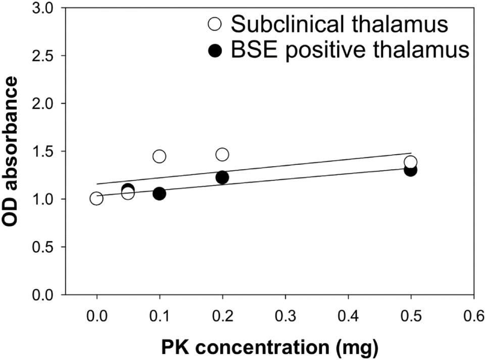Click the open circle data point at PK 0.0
point(96,199)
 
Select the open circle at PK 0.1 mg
point(159,156)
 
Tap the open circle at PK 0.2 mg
point(222,154)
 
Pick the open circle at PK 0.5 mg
point(411,162)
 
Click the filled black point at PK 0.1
point(159,194)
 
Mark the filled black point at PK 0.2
point(222,177)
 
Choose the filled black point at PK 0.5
point(411,170)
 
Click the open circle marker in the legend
point(216,24)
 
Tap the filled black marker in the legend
point(216,51)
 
